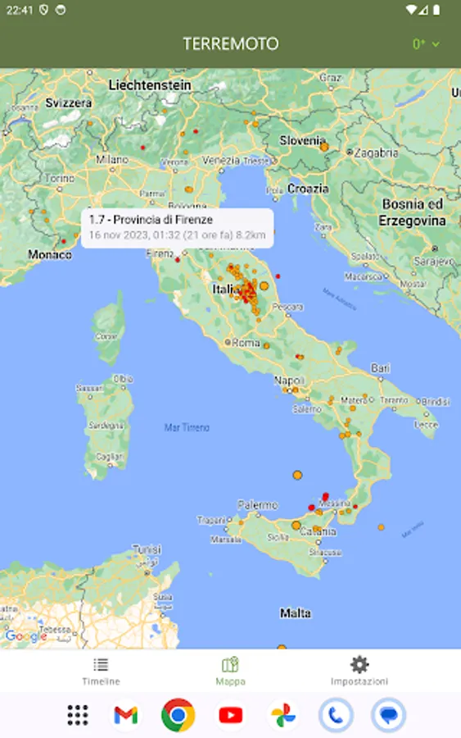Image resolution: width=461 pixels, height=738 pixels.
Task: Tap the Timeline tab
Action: point(101,671)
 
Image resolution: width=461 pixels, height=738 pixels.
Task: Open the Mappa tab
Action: point(230,671)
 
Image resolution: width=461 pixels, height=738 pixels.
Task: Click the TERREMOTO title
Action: point(230,43)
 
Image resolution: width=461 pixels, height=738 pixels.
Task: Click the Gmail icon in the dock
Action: point(125,715)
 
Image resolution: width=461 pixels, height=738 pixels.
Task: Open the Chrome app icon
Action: point(178,715)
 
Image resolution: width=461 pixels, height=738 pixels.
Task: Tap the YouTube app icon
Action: point(230,715)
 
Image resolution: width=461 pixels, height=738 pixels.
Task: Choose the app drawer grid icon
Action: point(78,715)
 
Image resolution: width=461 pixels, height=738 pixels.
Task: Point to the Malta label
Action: point(295,613)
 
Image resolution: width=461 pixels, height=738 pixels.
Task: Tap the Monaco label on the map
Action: point(50,254)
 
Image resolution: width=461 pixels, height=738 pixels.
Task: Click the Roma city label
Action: point(246,343)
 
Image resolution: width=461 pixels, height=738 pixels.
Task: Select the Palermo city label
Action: point(257,505)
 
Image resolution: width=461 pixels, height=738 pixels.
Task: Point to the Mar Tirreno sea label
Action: point(187,427)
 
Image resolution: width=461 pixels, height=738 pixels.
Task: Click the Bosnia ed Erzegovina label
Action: point(413,212)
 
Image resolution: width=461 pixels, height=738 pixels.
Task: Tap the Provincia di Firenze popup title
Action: point(151,220)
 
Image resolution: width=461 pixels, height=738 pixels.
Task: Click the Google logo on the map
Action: point(25,635)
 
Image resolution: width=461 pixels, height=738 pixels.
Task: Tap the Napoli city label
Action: point(289,380)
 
